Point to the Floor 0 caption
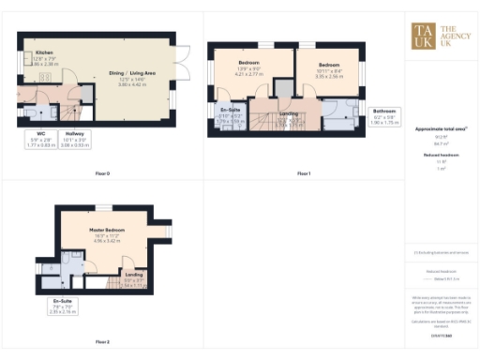102,173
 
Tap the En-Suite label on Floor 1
230,117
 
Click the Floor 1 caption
303,173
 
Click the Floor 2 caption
102,342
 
